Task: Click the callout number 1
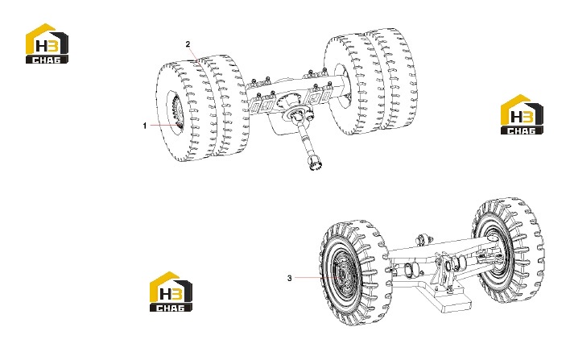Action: (145, 126)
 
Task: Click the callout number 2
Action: (188, 44)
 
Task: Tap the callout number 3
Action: (289, 278)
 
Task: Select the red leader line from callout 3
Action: (317, 278)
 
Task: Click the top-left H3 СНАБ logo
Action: (47, 43)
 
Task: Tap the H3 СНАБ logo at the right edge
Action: (522, 114)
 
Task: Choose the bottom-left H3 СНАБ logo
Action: (171, 292)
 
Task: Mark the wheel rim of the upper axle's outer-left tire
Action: (176, 109)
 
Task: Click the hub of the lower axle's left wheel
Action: (341, 273)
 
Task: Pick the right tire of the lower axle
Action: (509, 251)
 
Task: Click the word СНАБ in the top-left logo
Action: (47, 60)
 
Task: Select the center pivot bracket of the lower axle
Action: (445, 269)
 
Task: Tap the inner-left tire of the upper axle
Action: (225, 106)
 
